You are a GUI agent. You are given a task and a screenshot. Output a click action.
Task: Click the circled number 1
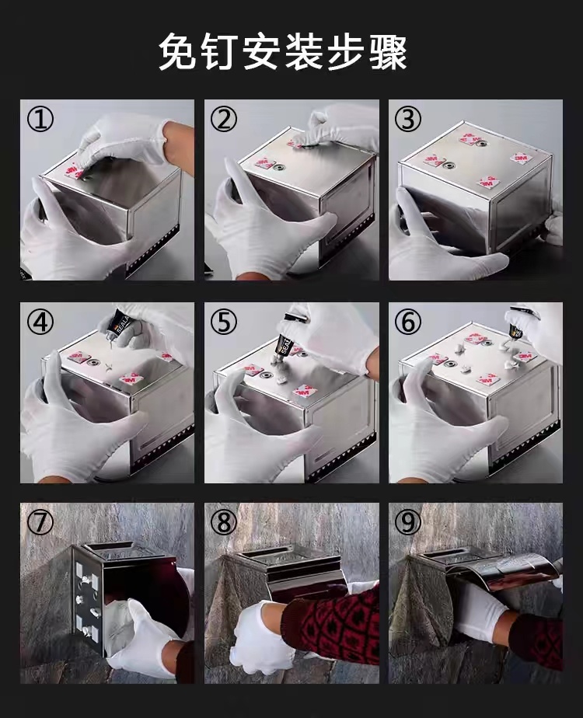tap(40, 119)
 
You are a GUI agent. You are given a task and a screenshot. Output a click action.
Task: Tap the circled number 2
tap(224, 119)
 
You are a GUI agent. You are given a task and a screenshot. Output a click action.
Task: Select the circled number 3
tap(407, 119)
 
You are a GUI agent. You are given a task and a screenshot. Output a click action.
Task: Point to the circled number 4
tap(40, 322)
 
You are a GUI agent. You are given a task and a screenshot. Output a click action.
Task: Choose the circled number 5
tap(224, 322)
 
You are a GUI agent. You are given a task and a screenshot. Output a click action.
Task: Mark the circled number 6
tap(407, 322)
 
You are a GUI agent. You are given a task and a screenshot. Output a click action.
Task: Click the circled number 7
tap(40, 522)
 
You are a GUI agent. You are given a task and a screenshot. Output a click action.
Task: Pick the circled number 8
tap(224, 522)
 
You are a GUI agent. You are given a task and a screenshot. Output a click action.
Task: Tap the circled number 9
tap(407, 522)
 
